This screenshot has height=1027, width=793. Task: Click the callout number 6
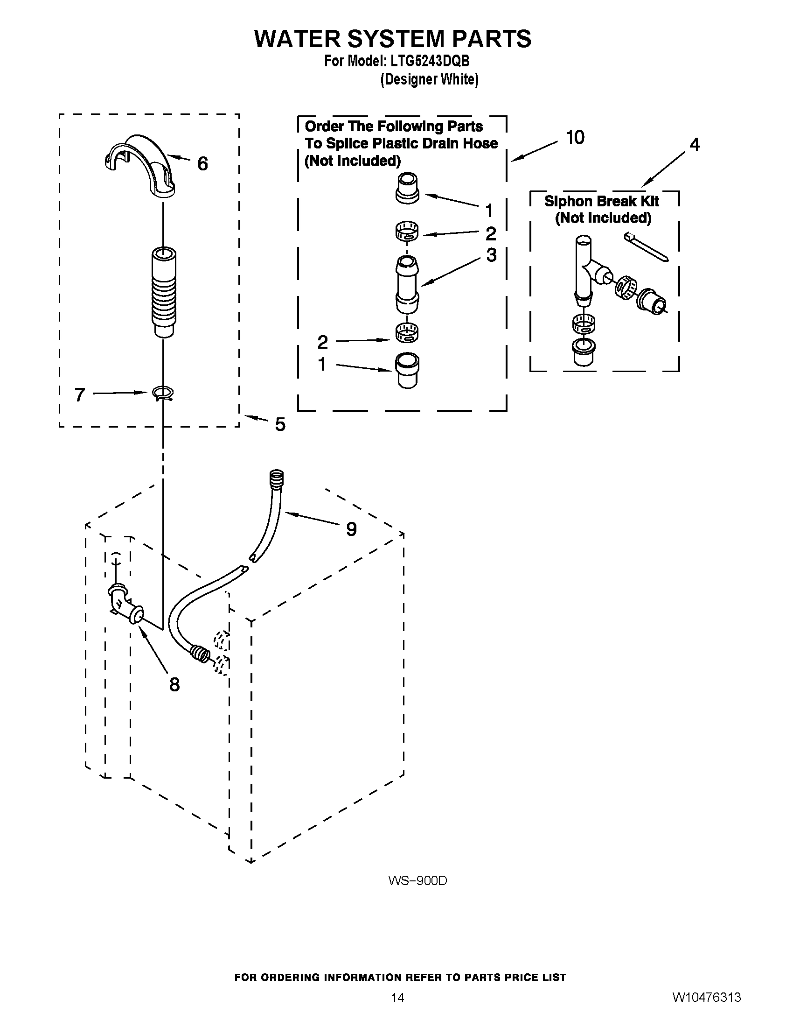point(202,164)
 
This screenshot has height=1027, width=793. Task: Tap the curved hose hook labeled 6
point(141,165)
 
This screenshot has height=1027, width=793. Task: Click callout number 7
point(80,394)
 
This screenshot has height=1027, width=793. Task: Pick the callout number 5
point(280,424)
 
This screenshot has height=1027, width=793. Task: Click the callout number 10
point(575,137)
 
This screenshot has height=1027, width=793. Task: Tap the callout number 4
point(695,144)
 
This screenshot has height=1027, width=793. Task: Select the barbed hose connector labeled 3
point(407,284)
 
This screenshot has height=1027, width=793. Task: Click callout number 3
point(491,255)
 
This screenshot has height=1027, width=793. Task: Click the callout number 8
point(174,685)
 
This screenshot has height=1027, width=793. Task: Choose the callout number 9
point(351,529)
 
